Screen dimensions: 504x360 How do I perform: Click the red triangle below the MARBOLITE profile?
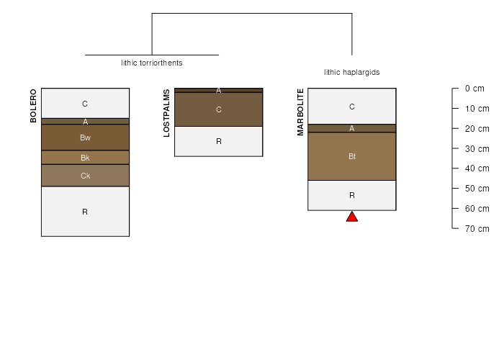[352, 217]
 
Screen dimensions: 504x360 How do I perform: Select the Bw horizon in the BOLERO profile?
[86, 138]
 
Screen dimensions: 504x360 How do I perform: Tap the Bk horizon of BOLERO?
[86, 158]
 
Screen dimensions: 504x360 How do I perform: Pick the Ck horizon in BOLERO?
[86, 176]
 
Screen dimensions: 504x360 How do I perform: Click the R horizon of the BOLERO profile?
[86, 212]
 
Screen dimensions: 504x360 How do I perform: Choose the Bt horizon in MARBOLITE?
[352, 156]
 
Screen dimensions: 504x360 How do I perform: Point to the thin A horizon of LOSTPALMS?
[219, 90]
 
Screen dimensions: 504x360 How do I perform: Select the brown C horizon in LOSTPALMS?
[219, 109]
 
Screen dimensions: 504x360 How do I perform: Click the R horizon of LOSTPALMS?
[219, 141]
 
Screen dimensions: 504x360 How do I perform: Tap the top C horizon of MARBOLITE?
[352, 106]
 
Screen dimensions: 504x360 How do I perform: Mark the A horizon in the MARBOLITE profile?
[352, 128]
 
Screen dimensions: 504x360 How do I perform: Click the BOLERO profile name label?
[33, 106]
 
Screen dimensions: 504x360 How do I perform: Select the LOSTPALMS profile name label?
[166, 113]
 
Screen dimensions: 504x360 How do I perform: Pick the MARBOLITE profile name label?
[300, 112]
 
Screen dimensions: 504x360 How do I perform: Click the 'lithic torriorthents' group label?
[152, 63]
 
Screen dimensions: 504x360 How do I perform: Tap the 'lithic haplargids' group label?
[352, 72]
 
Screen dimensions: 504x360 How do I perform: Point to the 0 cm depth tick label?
[474, 89]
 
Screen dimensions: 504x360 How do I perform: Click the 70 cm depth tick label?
[477, 229]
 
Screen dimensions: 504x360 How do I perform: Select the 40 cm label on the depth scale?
[477, 168]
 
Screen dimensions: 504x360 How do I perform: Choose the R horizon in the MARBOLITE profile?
[352, 195]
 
